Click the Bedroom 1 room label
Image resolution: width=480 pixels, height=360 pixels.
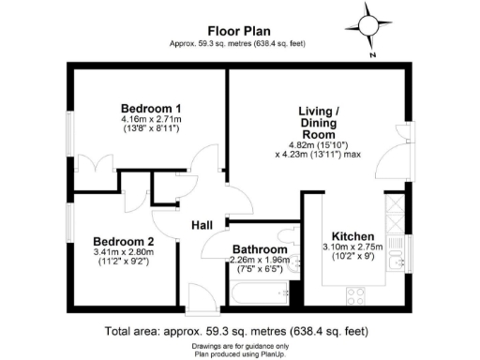[x=150, y=107]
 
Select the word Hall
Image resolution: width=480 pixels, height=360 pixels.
[x=204, y=226]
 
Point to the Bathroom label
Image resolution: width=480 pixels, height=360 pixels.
[x=260, y=247]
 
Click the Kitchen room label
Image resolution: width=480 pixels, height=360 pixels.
[x=352, y=234]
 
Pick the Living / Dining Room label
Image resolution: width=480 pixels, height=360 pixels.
[x=319, y=122]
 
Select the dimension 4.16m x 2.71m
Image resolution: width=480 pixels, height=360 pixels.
[x=150, y=119]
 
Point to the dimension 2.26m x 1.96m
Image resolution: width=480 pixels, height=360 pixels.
[x=260, y=260]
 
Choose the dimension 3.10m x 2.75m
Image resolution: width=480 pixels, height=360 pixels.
[x=352, y=246]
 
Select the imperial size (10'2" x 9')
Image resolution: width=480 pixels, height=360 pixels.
[x=352, y=255]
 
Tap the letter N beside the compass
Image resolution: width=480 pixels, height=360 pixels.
[x=373, y=55]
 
